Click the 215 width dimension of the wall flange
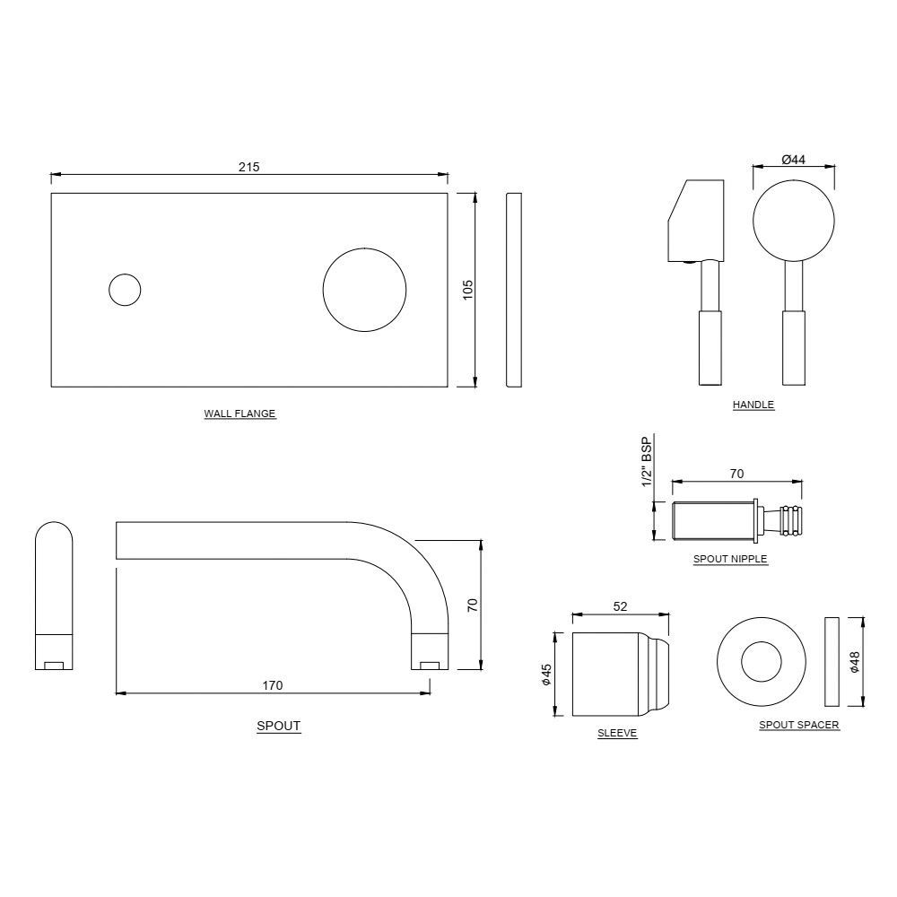tap(248, 167)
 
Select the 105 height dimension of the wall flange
tap(467, 290)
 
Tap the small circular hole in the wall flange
tap(125, 290)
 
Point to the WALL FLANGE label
tap(239, 414)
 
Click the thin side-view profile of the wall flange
tap(513, 290)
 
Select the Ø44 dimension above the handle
tap(793, 160)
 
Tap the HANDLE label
tap(753, 405)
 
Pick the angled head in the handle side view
tap(695, 220)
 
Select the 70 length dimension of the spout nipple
tap(737, 474)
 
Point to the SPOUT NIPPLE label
tap(730, 559)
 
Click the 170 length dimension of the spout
tap(273, 685)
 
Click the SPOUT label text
tap(278, 727)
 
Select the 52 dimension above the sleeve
tap(620, 607)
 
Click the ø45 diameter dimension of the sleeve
tap(545, 675)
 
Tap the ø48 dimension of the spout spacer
tap(854, 661)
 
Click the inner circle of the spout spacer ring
tap(762, 664)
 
